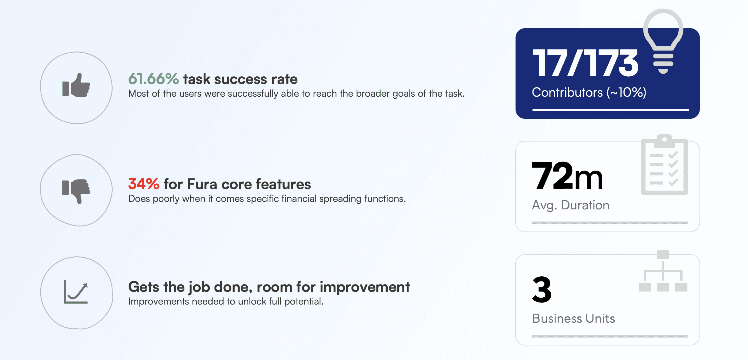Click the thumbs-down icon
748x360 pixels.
coord(76,191)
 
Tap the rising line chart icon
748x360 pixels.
coord(76,292)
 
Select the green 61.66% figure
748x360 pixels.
coord(154,79)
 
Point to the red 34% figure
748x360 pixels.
coord(144,184)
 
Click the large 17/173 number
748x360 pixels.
coord(585,63)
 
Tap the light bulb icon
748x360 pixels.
coord(663,41)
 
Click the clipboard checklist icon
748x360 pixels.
coord(664,165)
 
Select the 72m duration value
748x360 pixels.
coord(567,176)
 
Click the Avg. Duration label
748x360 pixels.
coord(570,205)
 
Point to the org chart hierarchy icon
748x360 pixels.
coord(663,271)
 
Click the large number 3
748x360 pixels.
coord(542,289)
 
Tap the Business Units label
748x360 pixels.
coord(573,318)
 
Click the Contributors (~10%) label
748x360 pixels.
coord(589,92)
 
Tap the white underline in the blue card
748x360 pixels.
coord(610,110)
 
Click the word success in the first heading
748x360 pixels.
coord(241,79)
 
